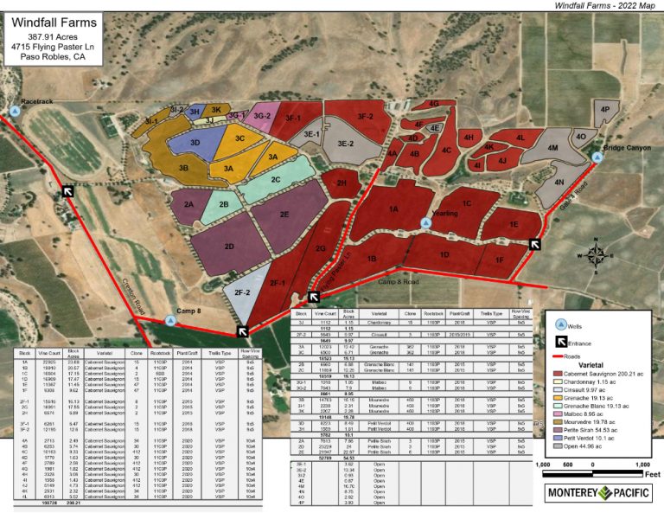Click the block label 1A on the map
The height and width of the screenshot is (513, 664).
[393, 208]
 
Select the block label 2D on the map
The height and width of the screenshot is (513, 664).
[229, 247]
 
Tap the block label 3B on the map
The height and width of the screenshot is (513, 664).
[183, 167]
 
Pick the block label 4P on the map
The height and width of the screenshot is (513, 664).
[605, 110]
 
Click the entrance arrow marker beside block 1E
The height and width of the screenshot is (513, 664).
[535, 245]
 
